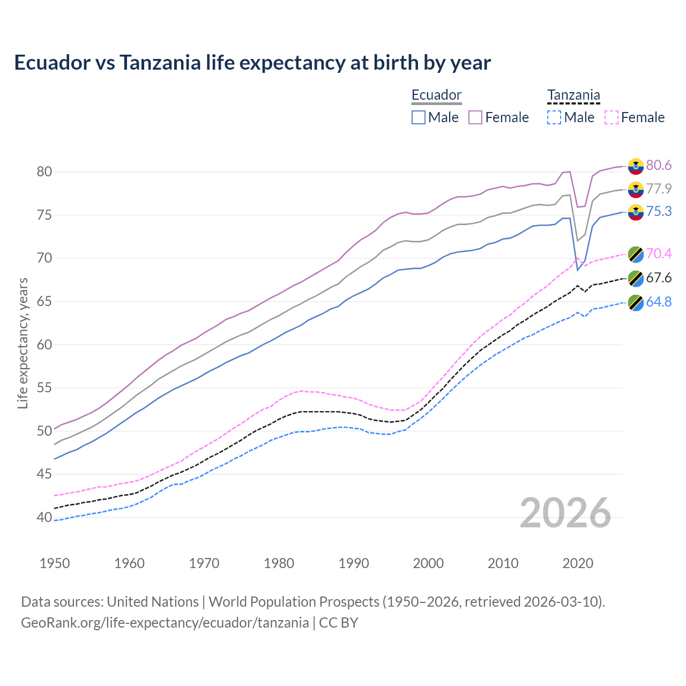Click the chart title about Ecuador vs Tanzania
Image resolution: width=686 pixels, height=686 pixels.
pyautogui.click(x=252, y=63)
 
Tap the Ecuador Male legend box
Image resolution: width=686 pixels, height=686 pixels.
pyautogui.click(x=419, y=117)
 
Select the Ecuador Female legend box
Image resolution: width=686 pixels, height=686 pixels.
pyautogui.click(x=475, y=117)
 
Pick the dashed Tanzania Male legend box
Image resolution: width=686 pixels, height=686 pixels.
pyautogui.click(x=554, y=117)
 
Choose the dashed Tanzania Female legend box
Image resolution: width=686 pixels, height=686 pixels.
pyautogui.click(x=612, y=117)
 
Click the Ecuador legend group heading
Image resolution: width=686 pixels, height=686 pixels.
pyautogui.click(x=436, y=95)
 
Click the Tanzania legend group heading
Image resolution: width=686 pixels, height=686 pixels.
pyautogui.click(x=573, y=95)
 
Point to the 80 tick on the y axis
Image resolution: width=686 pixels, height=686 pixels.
pyautogui.click(x=44, y=172)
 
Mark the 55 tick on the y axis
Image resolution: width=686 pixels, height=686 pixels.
pyautogui.click(x=44, y=388)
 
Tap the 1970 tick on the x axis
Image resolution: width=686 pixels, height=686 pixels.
pyautogui.click(x=204, y=563)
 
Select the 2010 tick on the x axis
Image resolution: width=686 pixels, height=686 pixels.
pyautogui.click(x=503, y=563)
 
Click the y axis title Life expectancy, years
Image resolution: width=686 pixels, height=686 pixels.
pyautogui.click(x=23, y=343)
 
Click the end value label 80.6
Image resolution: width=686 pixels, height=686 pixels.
pyautogui.click(x=659, y=166)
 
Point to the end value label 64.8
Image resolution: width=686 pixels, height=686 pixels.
pyautogui.click(x=659, y=302)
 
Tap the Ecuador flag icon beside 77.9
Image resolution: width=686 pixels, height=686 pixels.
pyautogui.click(x=636, y=189)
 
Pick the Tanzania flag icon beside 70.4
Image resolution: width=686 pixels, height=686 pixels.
pyautogui.click(x=636, y=254)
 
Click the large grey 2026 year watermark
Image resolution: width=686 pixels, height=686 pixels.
pyautogui.click(x=565, y=513)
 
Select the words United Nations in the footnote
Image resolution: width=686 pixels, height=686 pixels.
pyautogui.click(x=153, y=602)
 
